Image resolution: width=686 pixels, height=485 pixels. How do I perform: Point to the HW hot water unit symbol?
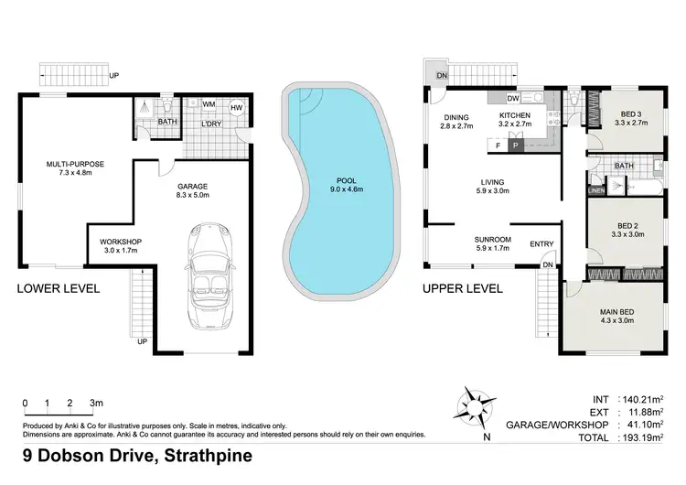click(236, 108)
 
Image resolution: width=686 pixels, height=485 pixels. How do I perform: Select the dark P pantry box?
click(515, 145)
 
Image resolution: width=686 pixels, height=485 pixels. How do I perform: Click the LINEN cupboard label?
click(595, 190)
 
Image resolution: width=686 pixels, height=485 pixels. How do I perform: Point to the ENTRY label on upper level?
click(542, 243)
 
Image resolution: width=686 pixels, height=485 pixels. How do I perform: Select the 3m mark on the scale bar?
click(96, 403)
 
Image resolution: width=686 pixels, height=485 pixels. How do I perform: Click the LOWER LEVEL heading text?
click(59, 288)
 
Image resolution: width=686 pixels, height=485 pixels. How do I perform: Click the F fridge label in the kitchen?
click(497, 145)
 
